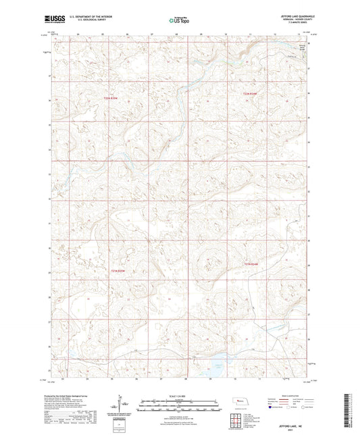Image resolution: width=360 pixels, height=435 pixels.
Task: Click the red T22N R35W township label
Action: click(111, 99)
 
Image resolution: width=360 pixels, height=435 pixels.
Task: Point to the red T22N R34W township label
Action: click(251, 93)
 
